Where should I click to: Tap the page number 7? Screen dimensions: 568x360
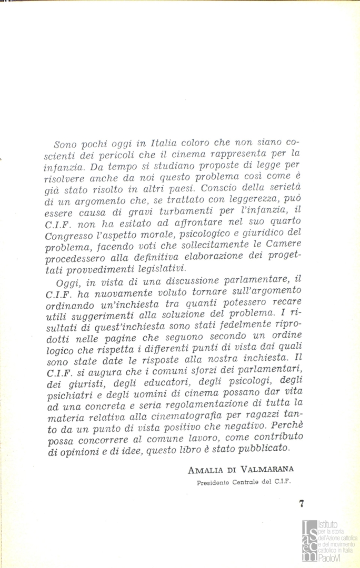[x=302, y=503]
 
